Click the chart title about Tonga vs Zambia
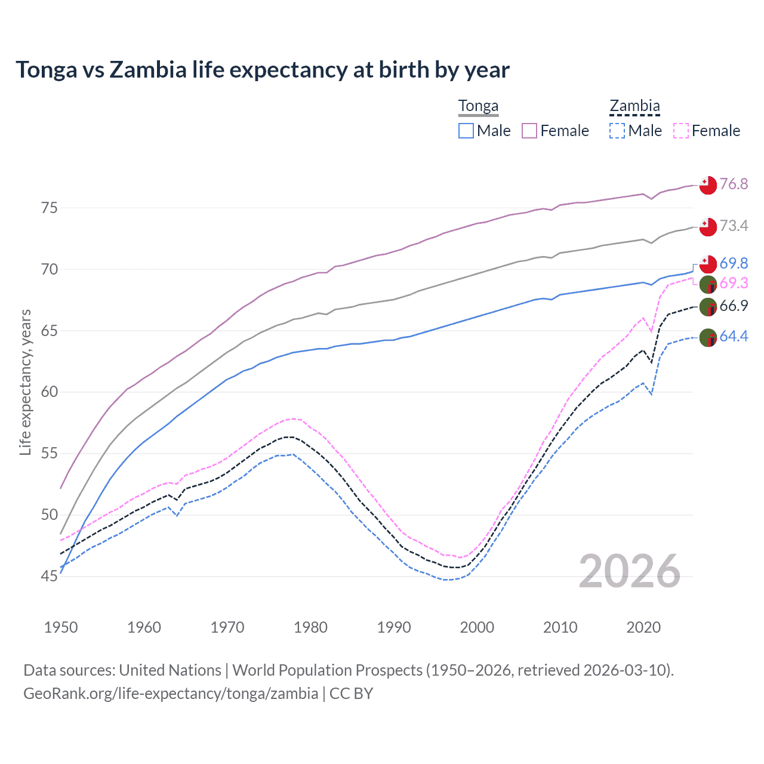(x=263, y=70)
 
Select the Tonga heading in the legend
(x=478, y=106)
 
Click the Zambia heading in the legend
(x=634, y=106)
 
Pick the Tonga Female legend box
(x=529, y=131)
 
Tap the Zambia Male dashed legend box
(x=617, y=131)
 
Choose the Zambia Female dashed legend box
(x=681, y=131)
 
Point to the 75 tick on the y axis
(x=50, y=208)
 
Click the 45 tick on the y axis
(x=50, y=577)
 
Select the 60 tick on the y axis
(x=50, y=392)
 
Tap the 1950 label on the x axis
(x=61, y=627)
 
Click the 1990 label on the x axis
(x=394, y=627)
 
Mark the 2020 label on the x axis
(x=643, y=627)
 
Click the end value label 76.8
(x=734, y=184)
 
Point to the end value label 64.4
(x=734, y=337)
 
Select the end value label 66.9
(x=734, y=306)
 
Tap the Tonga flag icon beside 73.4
(x=708, y=226)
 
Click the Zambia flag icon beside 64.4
(x=708, y=337)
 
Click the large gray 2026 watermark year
(x=629, y=571)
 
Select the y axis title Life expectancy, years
(x=26, y=382)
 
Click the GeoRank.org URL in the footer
(x=171, y=694)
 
